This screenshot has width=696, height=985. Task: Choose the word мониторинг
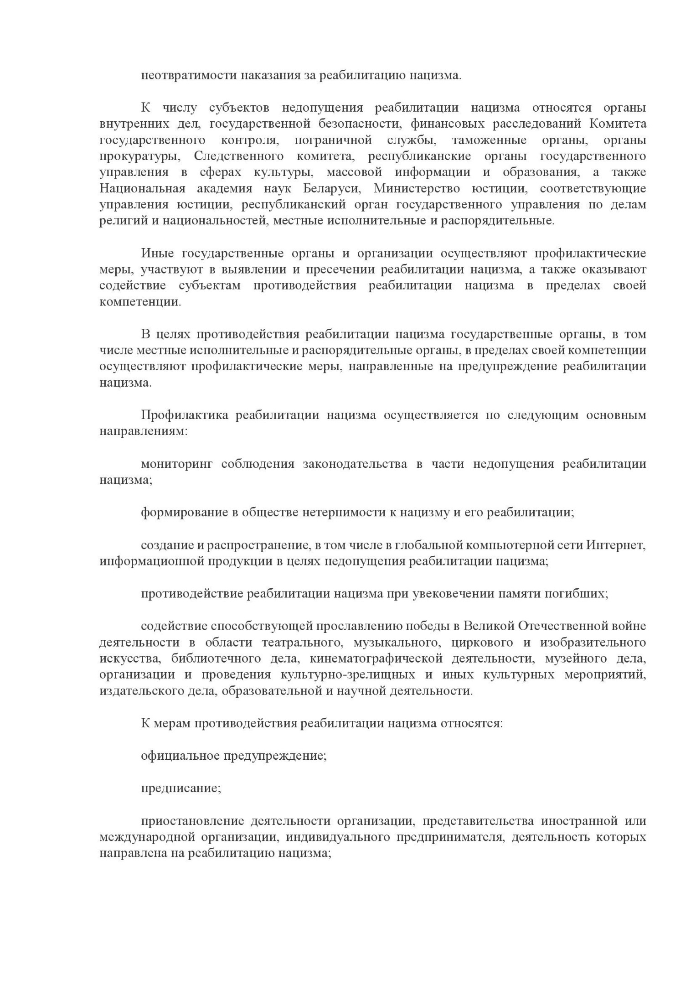tap(177, 464)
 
